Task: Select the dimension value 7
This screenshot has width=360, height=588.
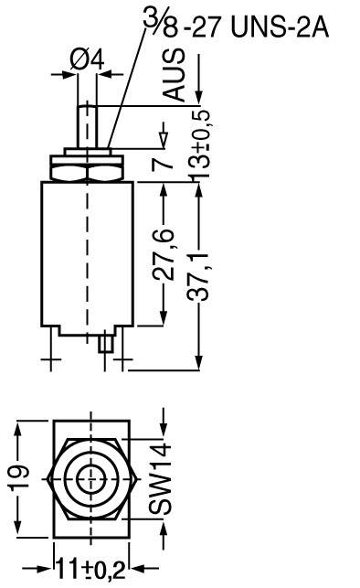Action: tap(163, 163)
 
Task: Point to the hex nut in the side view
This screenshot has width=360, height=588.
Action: tap(89, 169)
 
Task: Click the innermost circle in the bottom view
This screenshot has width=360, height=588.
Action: tap(90, 477)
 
